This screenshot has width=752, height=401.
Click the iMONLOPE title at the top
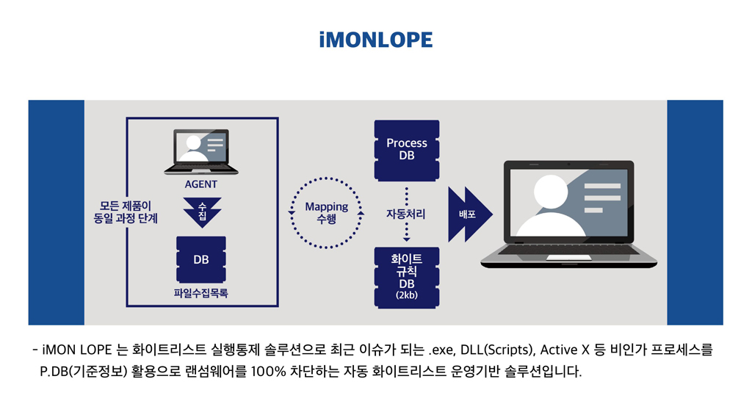(x=376, y=40)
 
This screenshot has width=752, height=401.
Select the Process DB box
(x=407, y=150)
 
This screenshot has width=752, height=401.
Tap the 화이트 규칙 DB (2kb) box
(x=407, y=277)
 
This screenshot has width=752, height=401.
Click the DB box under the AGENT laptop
(x=201, y=259)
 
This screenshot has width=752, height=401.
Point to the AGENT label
(x=201, y=184)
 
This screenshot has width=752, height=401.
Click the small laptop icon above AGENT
(x=201, y=151)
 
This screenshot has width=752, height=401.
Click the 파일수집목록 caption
(x=201, y=293)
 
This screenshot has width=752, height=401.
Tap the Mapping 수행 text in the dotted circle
(x=327, y=212)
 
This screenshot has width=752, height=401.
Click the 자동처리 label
(x=406, y=214)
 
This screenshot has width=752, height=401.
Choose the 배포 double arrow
(x=470, y=214)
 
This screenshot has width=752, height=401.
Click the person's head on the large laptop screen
(x=551, y=192)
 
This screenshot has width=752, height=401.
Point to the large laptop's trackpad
(x=569, y=258)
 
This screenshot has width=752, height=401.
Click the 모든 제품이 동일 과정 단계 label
(x=126, y=212)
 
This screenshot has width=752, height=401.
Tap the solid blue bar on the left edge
(x=56, y=212)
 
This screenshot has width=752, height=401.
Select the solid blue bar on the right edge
(x=695, y=212)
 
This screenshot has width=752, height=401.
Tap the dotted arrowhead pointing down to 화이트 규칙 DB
(x=407, y=239)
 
